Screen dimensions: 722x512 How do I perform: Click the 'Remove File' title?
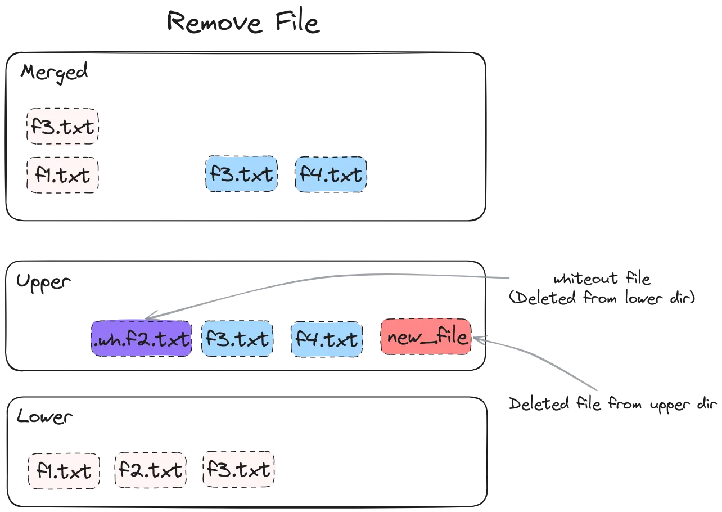243,22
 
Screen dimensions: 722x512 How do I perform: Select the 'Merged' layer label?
54,73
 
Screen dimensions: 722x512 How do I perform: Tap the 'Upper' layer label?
43,282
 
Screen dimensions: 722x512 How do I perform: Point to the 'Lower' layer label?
44,416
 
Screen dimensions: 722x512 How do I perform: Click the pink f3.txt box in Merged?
62,127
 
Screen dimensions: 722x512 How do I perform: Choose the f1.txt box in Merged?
62,176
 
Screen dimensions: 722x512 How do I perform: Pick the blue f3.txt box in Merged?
241,174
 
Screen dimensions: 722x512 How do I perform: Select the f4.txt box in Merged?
331,174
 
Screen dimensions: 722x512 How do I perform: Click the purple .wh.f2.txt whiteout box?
142,339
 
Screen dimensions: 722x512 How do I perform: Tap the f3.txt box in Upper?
237,339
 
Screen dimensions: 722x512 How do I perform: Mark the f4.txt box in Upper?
327,339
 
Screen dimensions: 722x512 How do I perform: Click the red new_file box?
426,337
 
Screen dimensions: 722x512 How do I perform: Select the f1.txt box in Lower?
64,471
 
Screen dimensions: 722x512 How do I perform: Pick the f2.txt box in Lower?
151,470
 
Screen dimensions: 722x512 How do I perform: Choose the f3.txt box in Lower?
239,469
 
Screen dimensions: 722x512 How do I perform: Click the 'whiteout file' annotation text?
602,279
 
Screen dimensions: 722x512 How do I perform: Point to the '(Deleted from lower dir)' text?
602,298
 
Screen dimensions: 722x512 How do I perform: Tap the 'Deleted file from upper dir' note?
612,405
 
